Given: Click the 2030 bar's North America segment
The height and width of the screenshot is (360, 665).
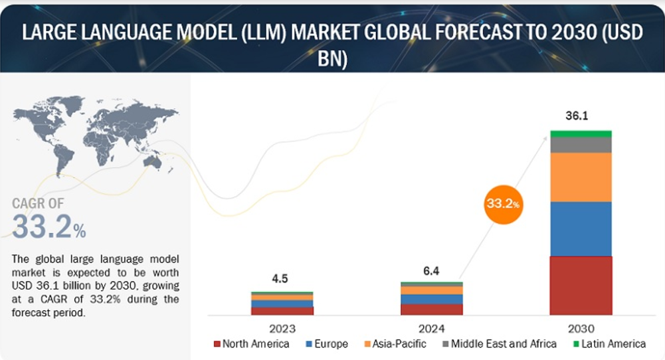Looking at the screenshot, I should coord(581,285).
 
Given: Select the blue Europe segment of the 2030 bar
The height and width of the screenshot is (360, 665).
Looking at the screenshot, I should coord(581,228).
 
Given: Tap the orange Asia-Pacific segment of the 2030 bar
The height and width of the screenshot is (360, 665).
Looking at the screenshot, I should coord(581,177).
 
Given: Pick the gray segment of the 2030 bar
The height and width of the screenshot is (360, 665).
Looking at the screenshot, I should coord(581,145).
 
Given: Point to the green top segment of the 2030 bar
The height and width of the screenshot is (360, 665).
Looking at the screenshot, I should coord(581,134).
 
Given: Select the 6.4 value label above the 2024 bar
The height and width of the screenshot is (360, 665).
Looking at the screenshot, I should coord(431,270).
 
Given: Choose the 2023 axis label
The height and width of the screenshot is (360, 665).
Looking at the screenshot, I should coord(282,328).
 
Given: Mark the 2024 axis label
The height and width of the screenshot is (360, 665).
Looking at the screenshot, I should coord(431,328).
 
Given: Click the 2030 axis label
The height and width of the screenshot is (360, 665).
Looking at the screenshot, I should coord(581,328).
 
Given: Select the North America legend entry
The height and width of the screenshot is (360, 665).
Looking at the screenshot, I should coord(252,344).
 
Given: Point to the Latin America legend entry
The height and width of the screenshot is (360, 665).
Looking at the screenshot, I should coord(607,344).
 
